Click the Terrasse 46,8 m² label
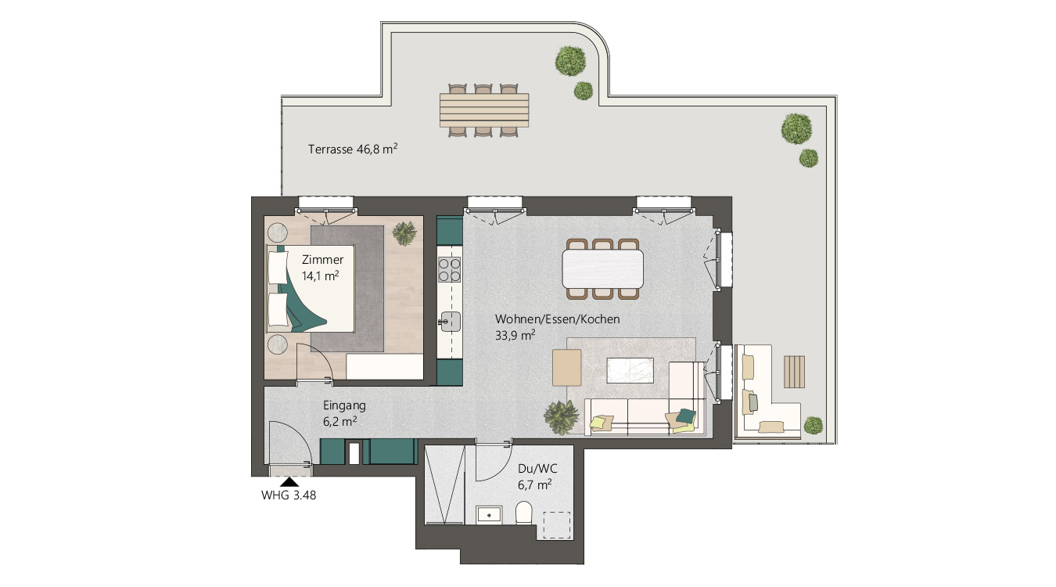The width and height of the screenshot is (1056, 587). pos(353,149)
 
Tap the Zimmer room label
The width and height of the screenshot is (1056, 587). pos(322,260)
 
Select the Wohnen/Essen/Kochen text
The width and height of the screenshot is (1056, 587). pos(557,319)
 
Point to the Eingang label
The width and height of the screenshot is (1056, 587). pos(344,405)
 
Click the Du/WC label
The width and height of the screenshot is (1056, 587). pos(537,469)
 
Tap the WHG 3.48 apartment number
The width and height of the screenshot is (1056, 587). pos(289,495)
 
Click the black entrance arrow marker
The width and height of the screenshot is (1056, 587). pos(289,482)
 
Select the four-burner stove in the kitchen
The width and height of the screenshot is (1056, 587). pos(449,269)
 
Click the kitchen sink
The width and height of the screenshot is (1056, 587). pos(451,322)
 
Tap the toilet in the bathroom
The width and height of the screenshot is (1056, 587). pos(524,513)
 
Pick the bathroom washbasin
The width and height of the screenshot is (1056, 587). pos(489,515)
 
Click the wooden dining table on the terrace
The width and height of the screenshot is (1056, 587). pos(484,110)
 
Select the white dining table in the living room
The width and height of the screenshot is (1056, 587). pos(602,269)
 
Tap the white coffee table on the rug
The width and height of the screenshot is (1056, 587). pos(630,370)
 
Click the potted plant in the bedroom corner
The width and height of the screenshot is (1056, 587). pos(404,233)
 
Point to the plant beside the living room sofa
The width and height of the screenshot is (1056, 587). pos(561,417)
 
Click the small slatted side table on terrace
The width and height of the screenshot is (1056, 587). pos(795,372)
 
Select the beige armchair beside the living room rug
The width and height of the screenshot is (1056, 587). pos(567,368)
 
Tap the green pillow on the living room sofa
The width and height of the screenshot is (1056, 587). pos(686,416)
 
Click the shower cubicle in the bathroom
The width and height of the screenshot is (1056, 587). pos(444,485)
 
